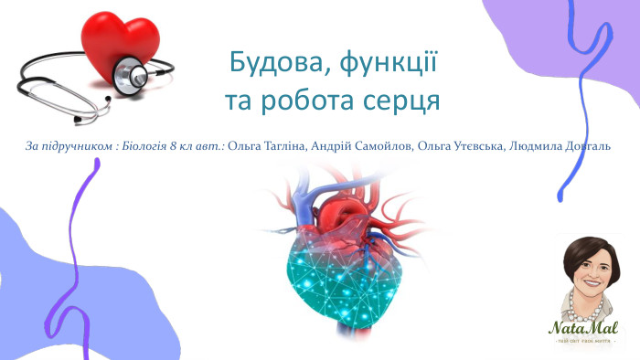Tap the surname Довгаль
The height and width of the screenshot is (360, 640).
tap(586, 146)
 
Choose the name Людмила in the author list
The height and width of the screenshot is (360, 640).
tap(534, 146)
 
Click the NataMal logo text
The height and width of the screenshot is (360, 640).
tap(583, 327)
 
